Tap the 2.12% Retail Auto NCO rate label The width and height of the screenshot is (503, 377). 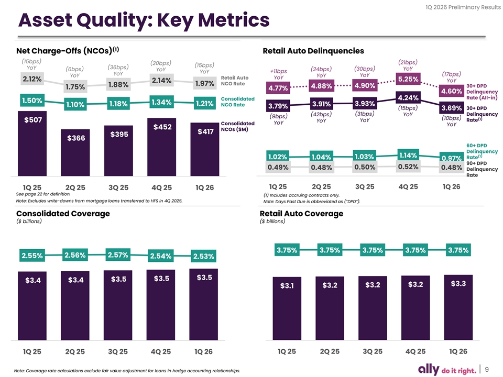click(x=32, y=79)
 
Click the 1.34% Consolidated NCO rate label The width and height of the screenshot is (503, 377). click(x=161, y=102)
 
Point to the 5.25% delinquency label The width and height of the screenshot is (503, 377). click(x=408, y=79)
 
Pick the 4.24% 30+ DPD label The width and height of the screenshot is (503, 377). click(x=408, y=98)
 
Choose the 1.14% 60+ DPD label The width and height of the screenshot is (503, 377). click(x=408, y=155)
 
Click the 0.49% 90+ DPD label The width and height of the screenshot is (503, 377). click(x=278, y=168)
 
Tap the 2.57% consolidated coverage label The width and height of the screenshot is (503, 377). click(x=118, y=254)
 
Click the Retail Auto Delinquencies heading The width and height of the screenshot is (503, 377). click(x=313, y=51)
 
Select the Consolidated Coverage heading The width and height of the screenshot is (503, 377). click(x=63, y=214)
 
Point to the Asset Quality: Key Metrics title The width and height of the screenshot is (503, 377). click(x=144, y=21)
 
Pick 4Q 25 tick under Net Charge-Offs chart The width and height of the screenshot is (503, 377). click(x=161, y=187)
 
